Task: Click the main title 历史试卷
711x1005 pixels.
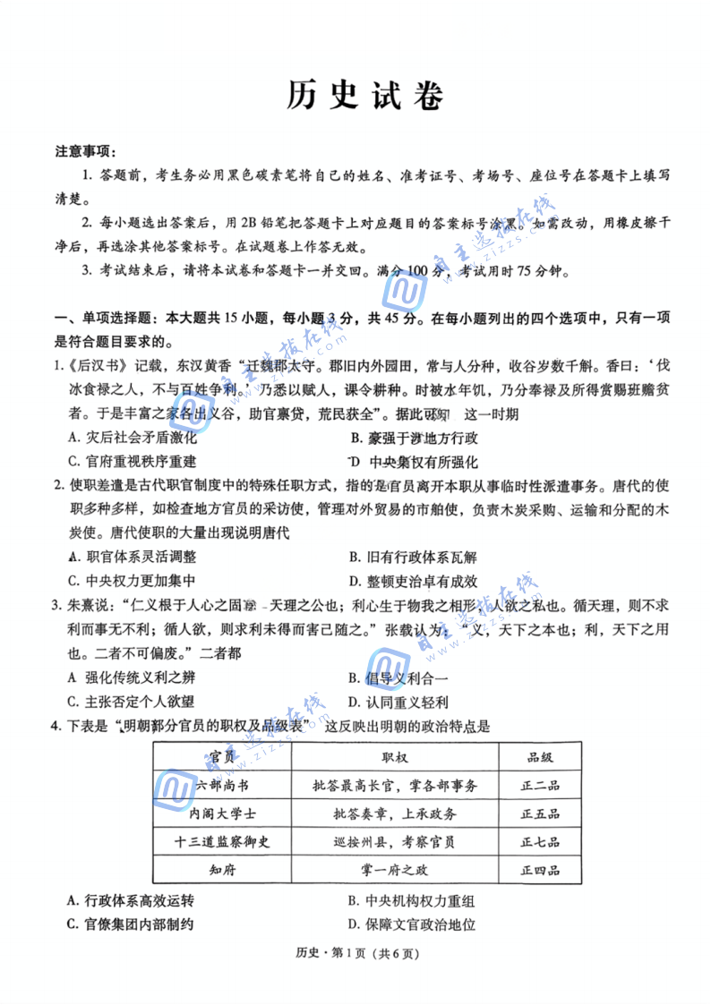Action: (x=365, y=96)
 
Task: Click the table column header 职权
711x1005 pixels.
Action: (x=394, y=757)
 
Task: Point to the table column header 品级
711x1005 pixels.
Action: (x=540, y=757)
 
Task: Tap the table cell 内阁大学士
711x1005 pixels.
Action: (x=222, y=813)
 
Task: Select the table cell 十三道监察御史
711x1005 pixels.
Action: (x=222, y=841)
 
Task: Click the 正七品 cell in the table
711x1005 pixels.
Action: (x=540, y=841)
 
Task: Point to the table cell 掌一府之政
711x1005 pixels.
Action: (x=394, y=869)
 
